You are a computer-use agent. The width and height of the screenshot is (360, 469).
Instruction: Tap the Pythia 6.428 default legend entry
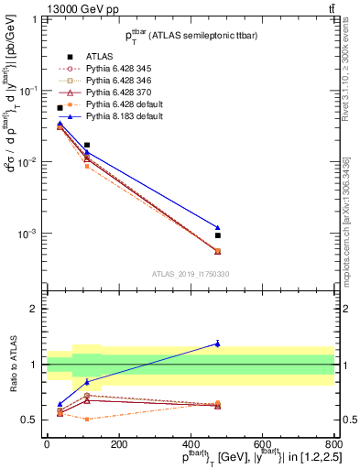(x=111, y=105)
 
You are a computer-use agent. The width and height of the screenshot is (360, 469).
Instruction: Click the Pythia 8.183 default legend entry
(x=111, y=117)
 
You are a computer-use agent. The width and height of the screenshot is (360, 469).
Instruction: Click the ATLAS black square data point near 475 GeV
(x=218, y=235)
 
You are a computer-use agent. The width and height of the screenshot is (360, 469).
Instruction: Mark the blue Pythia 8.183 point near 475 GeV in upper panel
(x=218, y=227)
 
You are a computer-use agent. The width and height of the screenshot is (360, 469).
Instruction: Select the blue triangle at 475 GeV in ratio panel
(x=218, y=344)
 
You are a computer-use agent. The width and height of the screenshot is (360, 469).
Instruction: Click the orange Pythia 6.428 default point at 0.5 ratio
(x=87, y=419)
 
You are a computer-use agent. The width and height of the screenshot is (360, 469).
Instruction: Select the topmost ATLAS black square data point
(x=60, y=108)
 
